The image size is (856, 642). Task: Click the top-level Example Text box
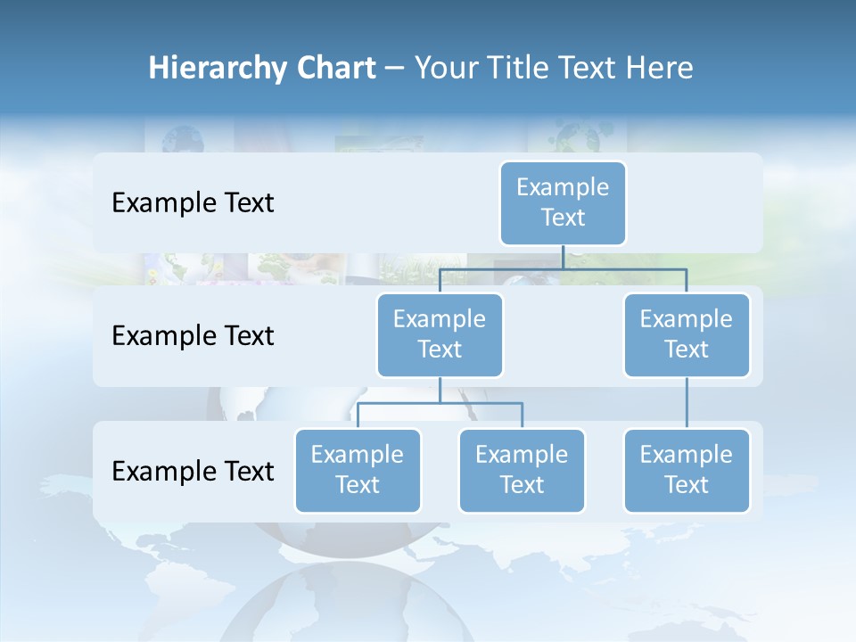click(x=563, y=203)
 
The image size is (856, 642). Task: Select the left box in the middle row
click(x=440, y=334)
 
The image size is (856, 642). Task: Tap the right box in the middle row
click(x=687, y=334)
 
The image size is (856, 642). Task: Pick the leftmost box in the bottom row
click(x=358, y=470)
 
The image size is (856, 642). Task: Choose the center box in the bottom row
click(x=522, y=470)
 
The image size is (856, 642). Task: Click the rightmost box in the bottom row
click(x=687, y=470)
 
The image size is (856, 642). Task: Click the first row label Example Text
click(x=193, y=203)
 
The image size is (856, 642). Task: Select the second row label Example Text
click(x=193, y=336)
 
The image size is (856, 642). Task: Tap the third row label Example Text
click(x=193, y=471)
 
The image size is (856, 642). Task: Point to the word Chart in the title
click(x=334, y=68)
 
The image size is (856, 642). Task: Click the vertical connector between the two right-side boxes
click(x=687, y=403)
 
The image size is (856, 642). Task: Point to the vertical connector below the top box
click(x=563, y=257)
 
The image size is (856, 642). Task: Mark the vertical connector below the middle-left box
click(x=440, y=390)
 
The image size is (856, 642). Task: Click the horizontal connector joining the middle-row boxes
click(x=563, y=268)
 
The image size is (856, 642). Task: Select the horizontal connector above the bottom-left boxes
click(x=440, y=403)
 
